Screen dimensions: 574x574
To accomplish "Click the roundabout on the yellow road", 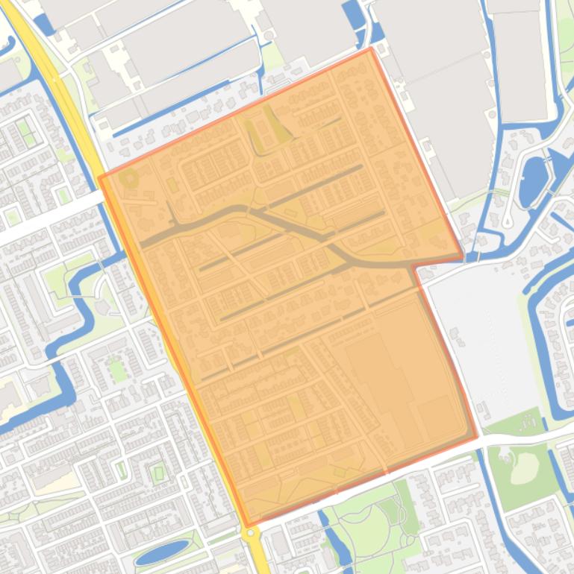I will [x=249, y=532].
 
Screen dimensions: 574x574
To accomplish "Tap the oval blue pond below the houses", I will [x=162, y=552].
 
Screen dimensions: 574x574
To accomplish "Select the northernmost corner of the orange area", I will [x=370, y=49].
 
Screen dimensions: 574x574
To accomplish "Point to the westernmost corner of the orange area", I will [x=99, y=177].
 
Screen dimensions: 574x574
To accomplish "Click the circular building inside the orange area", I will [x=130, y=179].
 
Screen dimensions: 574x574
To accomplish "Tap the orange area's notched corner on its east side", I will [x=414, y=265].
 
